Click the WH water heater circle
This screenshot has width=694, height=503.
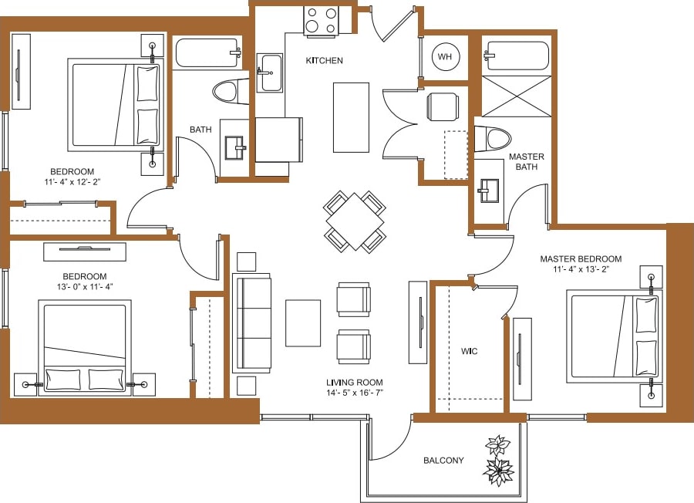[445, 56]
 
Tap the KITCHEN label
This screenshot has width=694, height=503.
[324, 61]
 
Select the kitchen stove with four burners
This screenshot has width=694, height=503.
[321, 21]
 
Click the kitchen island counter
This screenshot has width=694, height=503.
[351, 117]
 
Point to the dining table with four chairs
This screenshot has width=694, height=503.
[355, 221]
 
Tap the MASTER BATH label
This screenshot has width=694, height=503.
[527, 162]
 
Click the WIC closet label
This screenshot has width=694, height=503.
[469, 352]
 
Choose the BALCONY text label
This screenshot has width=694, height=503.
[443, 461]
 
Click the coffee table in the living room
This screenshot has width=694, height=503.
[303, 322]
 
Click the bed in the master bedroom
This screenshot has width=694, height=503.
[613, 336]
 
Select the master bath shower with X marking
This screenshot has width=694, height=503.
[517, 96]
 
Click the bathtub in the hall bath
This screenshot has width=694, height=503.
[207, 53]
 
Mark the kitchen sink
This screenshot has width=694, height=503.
[270, 73]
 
